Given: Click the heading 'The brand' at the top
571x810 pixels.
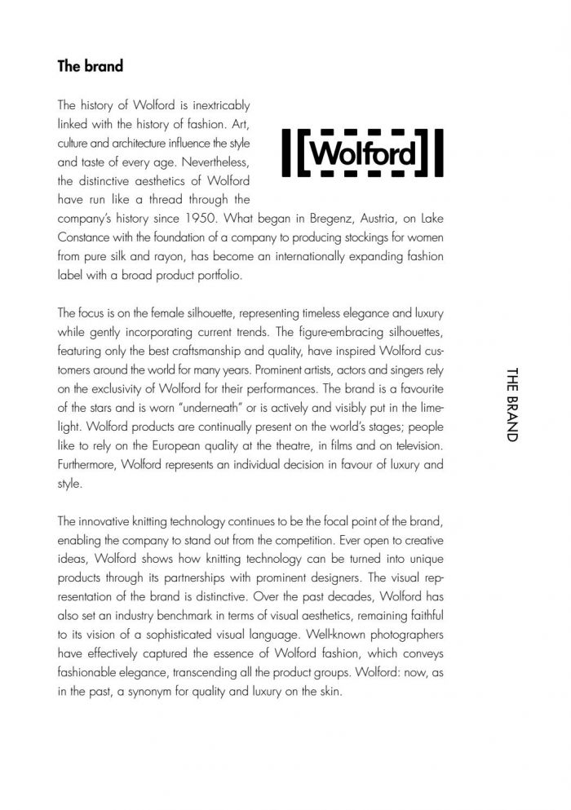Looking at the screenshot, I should [90, 66].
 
